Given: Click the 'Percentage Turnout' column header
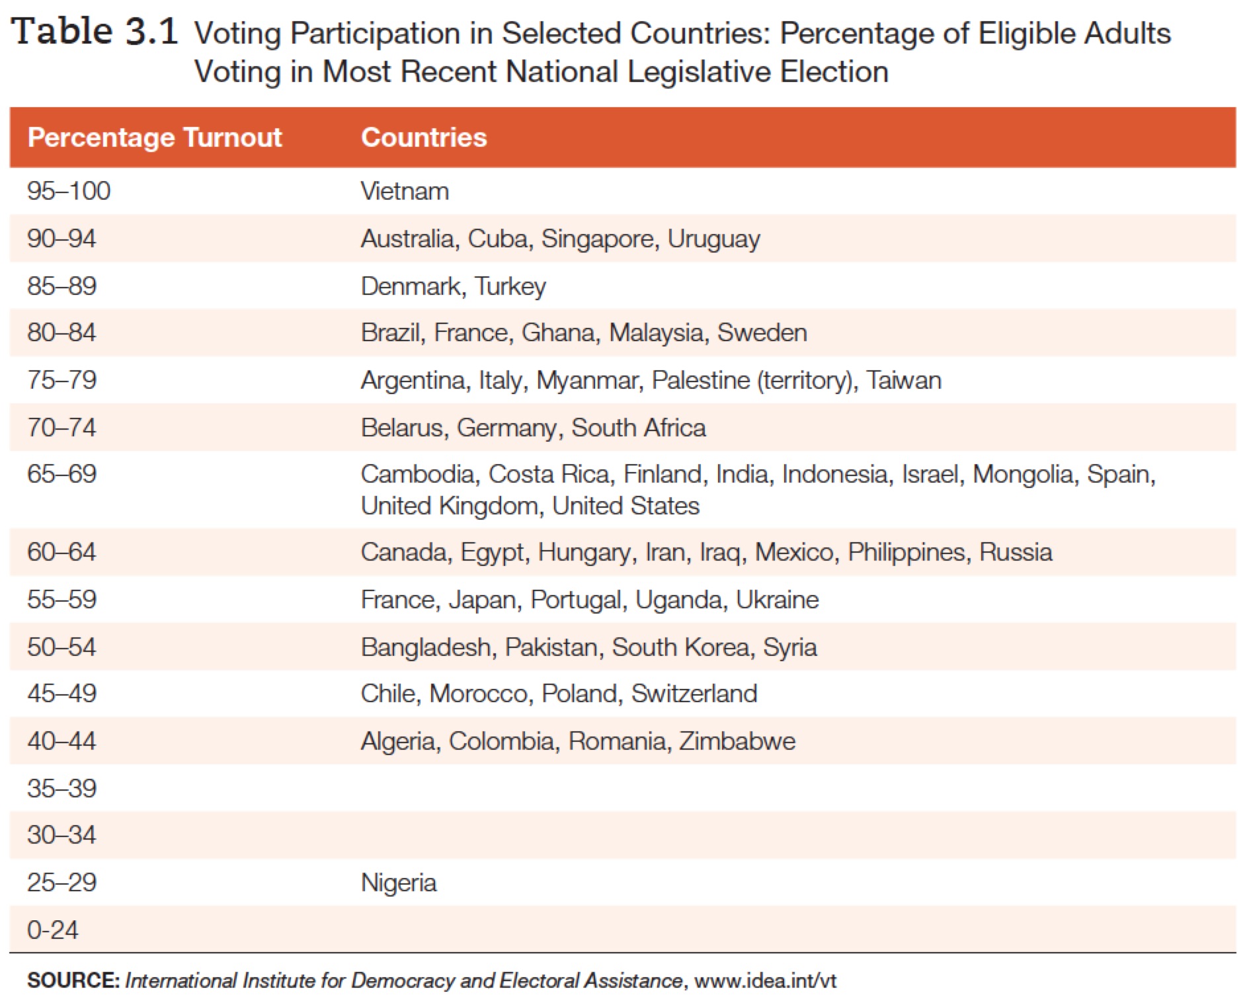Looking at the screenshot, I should [155, 138].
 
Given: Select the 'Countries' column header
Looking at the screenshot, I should [424, 138].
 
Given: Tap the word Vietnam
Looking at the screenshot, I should [405, 192].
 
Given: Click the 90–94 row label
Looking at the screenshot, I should [61, 239].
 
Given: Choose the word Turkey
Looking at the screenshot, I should [510, 286].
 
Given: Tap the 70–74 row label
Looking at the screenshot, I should [61, 428].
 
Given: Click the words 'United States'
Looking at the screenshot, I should [625, 506].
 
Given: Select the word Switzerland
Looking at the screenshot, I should [694, 694].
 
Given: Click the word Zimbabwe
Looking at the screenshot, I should [737, 741].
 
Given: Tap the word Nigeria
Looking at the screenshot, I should [399, 883].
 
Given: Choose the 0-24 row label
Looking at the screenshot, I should [52, 930].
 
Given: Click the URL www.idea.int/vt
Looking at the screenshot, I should [765, 981].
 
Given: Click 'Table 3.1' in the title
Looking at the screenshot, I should [95, 32].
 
